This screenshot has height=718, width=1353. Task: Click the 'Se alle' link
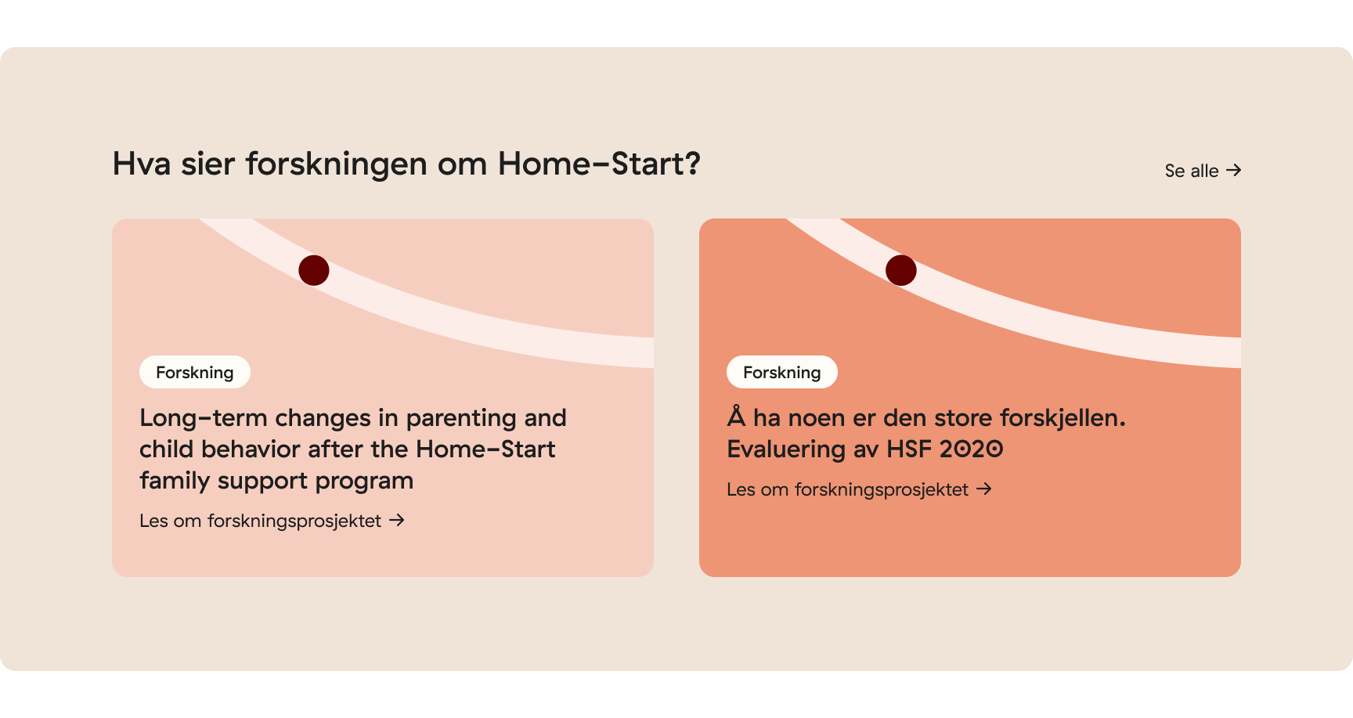click(1191, 171)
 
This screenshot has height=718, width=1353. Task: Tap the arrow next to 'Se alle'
click(1234, 170)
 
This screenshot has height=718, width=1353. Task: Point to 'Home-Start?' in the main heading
click(599, 164)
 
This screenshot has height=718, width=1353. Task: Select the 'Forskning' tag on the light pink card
click(195, 372)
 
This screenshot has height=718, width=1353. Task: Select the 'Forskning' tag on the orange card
click(782, 372)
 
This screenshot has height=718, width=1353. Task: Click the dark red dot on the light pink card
click(314, 270)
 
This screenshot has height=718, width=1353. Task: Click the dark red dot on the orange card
click(901, 270)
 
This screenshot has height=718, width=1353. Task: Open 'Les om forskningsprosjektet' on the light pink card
click(260, 521)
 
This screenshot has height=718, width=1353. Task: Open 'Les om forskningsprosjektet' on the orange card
click(847, 489)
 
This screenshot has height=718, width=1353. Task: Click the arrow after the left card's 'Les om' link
click(397, 520)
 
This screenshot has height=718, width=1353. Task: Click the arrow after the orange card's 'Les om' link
click(984, 489)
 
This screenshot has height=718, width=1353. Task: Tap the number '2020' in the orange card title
click(971, 449)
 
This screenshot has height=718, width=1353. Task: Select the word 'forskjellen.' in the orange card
click(1063, 418)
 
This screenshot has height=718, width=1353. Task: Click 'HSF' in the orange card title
click(908, 449)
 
